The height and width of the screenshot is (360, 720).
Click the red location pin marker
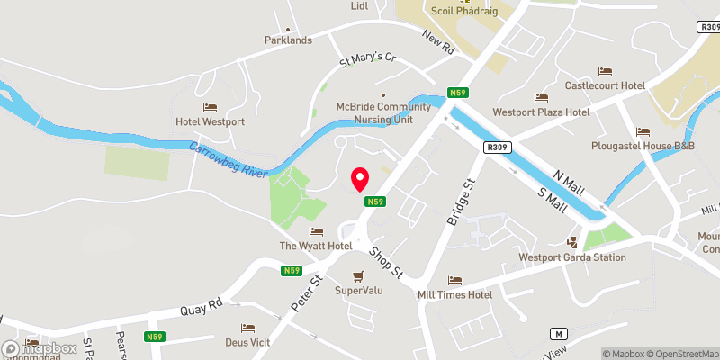(x=360, y=179)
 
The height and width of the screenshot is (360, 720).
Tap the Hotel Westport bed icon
(x=210, y=107)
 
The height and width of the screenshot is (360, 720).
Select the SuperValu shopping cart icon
(x=359, y=276)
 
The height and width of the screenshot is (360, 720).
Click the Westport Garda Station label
(x=571, y=256)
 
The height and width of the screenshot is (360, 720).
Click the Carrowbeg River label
(x=229, y=158)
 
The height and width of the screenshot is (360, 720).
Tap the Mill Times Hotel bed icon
(x=454, y=281)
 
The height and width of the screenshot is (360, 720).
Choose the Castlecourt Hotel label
(x=605, y=85)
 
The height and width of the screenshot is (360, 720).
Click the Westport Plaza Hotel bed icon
(x=541, y=98)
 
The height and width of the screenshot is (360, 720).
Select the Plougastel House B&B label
(x=641, y=146)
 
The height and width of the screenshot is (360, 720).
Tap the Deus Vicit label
(x=247, y=341)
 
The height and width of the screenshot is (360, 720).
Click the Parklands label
(x=288, y=40)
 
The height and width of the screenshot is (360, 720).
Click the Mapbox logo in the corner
(x=40, y=348)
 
